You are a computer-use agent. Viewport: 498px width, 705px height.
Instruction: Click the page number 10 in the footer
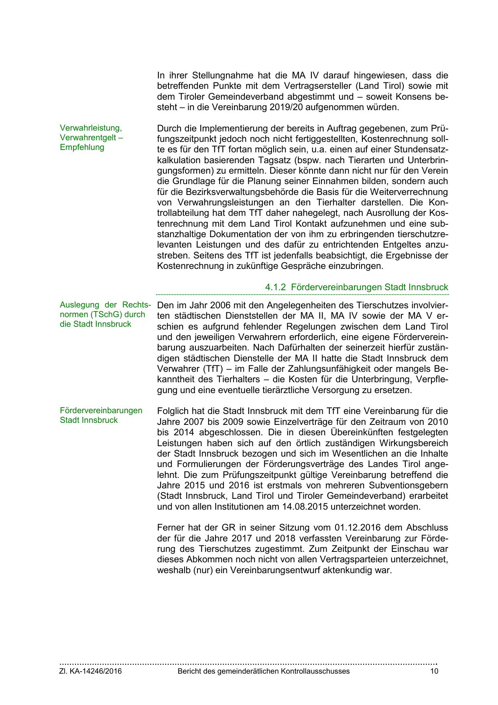434,671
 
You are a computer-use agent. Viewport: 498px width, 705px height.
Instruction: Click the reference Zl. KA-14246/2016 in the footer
91,671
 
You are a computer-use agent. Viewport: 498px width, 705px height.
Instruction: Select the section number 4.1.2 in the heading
275,287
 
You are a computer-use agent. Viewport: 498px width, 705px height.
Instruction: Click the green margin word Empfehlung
82,147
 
